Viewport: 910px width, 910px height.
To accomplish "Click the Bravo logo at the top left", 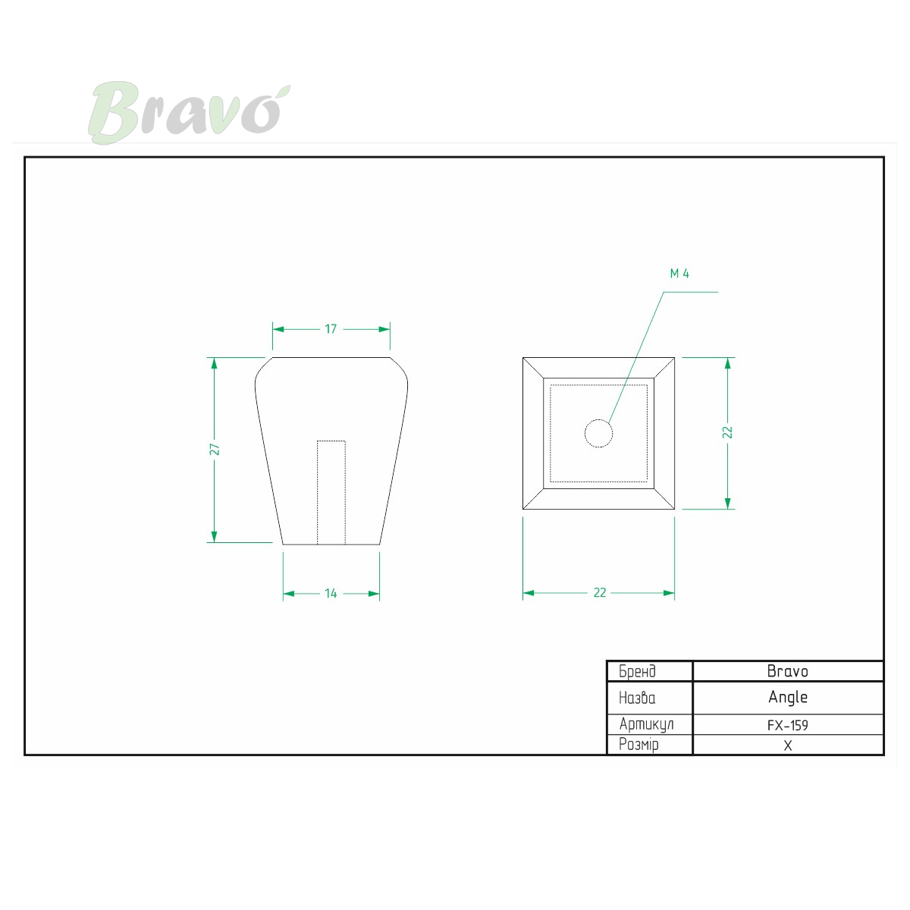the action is tap(188, 112).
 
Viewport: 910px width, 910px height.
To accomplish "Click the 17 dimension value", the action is tap(331, 328).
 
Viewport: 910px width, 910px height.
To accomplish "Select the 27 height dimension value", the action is tap(215, 449).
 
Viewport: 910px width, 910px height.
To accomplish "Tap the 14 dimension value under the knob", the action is tap(331, 593).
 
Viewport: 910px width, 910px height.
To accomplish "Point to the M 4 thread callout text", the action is tap(679, 274).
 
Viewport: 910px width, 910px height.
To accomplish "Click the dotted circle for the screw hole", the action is tap(598, 433).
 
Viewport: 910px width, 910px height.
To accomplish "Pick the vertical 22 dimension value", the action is tap(727, 432).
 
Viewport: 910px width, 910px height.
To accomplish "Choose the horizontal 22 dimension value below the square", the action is tap(599, 592).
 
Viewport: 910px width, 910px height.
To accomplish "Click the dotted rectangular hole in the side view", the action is tap(331, 493).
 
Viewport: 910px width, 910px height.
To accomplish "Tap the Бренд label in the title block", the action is tap(637, 671).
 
